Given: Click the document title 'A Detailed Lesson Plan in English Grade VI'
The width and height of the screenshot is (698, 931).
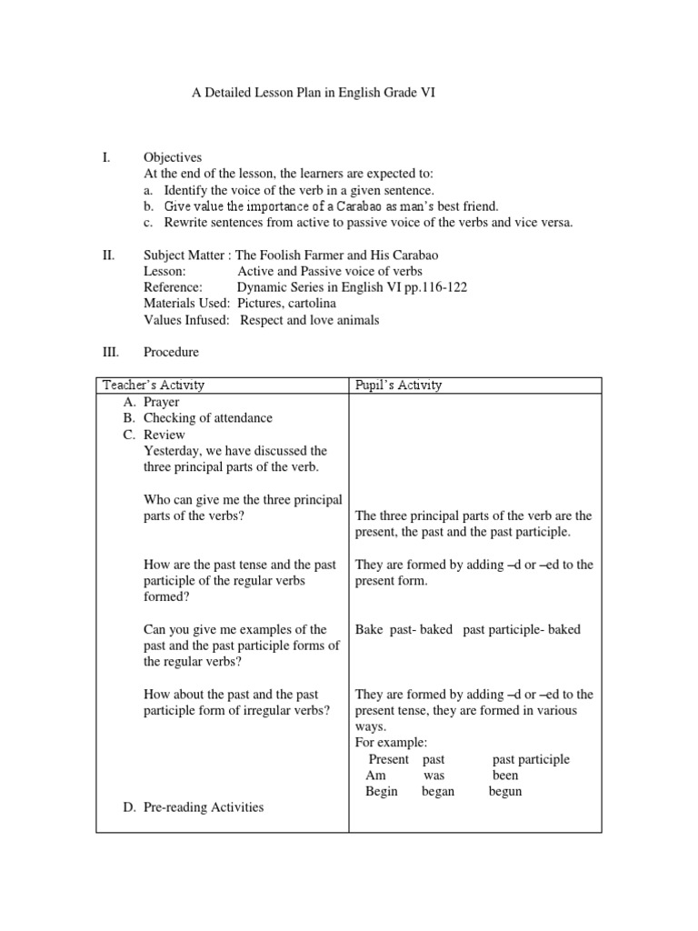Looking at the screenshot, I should coord(313,93).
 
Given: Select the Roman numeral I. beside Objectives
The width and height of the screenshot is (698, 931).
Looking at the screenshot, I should coord(106,157).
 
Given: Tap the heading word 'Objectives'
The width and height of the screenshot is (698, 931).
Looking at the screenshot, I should coord(173,157).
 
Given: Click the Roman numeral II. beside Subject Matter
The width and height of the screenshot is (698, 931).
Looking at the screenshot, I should coord(108,255).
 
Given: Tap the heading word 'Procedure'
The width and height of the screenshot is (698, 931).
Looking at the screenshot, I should coord(171,352).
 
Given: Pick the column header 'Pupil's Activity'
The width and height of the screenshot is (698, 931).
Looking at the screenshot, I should coord(398,385).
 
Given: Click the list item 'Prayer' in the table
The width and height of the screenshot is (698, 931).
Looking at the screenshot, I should coord(162,402).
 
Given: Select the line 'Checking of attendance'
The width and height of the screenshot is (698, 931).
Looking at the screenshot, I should coord(208,418).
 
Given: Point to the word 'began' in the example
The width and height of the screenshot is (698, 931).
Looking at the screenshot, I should coord(438,791).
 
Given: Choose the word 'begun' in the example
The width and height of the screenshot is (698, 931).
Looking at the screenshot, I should coord(505,791).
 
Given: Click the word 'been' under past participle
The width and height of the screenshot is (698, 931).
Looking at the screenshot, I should coord(505,775).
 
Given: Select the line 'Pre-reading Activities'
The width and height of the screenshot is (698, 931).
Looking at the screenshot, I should coord(204,806).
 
